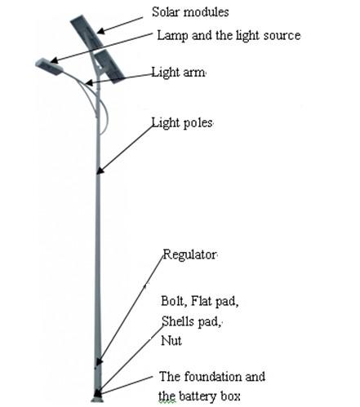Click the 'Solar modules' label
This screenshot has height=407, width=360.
(x=190, y=12)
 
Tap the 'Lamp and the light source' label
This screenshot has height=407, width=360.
(x=229, y=36)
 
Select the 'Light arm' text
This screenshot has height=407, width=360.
(x=178, y=73)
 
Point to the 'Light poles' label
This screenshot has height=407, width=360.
(x=182, y=123)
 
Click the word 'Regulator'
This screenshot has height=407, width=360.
(x=189, y=254)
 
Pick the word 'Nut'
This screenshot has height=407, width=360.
(x=171, y=341)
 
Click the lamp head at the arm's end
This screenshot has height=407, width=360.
(x=49, y=66)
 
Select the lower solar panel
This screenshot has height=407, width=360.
(x=109, y=66)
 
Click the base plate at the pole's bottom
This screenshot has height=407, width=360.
(x=97, y=400)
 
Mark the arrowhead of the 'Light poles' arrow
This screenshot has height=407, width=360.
(x=100, y=170)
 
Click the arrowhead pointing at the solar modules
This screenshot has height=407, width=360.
(x=100, y=31)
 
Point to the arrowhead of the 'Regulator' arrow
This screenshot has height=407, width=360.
(x=99, y=361)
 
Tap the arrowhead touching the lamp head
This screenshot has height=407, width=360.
(x=54, y=60)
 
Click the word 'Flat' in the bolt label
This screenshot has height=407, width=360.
(x=201, y=301)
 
